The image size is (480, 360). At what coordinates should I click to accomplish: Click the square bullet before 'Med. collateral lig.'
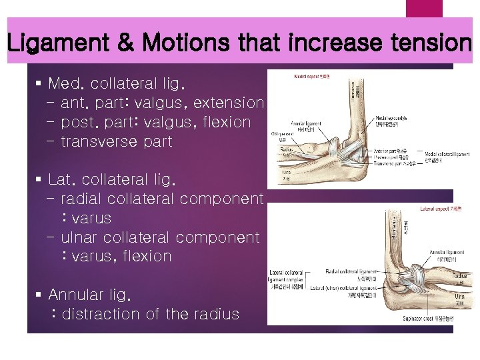click(38, 85)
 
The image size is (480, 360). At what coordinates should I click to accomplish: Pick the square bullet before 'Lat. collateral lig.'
click(38, 180)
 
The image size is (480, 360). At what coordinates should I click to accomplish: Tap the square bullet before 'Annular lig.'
click(38, 295)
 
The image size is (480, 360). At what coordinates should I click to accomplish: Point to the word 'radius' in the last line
click(215, 314)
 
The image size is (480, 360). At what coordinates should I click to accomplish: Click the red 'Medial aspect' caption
click(311, 77)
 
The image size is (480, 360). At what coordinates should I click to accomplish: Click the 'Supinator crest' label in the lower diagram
click(433, 319)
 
